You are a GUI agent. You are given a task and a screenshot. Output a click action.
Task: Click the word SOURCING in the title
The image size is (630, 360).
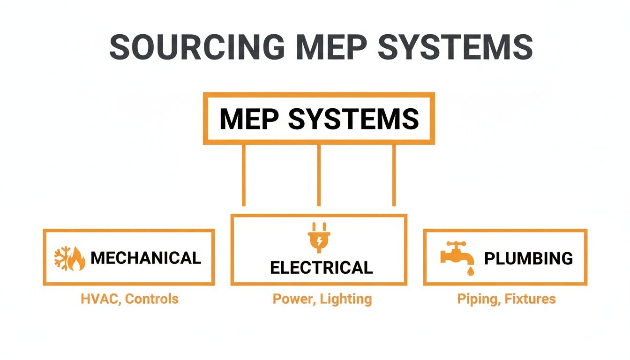[x=196, y=46]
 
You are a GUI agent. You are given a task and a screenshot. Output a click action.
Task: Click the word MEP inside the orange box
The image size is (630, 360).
[x=249, y=119]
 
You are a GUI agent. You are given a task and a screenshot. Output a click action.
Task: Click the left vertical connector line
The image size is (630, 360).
[x=243, y=175]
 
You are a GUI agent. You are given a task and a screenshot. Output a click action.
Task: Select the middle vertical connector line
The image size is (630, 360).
[x=319, y=175]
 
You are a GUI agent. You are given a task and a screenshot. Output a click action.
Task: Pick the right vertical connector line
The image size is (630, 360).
[x=394, y=175]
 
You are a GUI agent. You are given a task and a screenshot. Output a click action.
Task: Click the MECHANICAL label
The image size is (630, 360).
[x=145, y=258]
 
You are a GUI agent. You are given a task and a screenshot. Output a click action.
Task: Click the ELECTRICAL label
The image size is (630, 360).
[x=322, y=268]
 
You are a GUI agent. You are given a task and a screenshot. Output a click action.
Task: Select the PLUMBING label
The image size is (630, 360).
[x=528, y=258]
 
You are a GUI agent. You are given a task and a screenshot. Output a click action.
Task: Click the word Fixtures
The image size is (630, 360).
[x=530, y=299]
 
